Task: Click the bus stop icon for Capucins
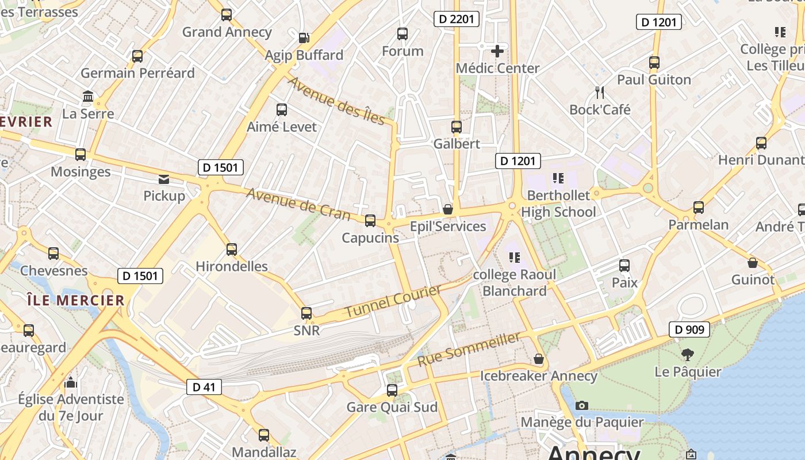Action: point(370,220)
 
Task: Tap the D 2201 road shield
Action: point(456,19)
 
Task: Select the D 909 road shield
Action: point(689,329)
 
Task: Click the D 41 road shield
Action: point(204,387)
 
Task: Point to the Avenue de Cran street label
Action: point(298,204)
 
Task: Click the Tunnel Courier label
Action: point(393,301)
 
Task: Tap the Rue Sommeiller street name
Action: point(469,349)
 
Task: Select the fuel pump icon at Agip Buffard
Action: point(304,38)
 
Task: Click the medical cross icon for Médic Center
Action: point(497,51)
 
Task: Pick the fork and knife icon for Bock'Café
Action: point(600,92)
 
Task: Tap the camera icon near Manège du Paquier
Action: point(581,405)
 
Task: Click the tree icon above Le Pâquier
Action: point(687,354)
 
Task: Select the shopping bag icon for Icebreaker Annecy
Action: point(539,359)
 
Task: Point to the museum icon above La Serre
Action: point(88,96)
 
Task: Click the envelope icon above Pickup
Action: point(164,179)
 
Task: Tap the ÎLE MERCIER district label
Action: point(75,300)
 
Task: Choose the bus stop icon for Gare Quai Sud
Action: point(392,390)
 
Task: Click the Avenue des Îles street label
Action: point(336,100)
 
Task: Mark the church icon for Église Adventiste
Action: point(71,382)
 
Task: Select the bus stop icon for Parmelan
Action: point(699,207)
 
